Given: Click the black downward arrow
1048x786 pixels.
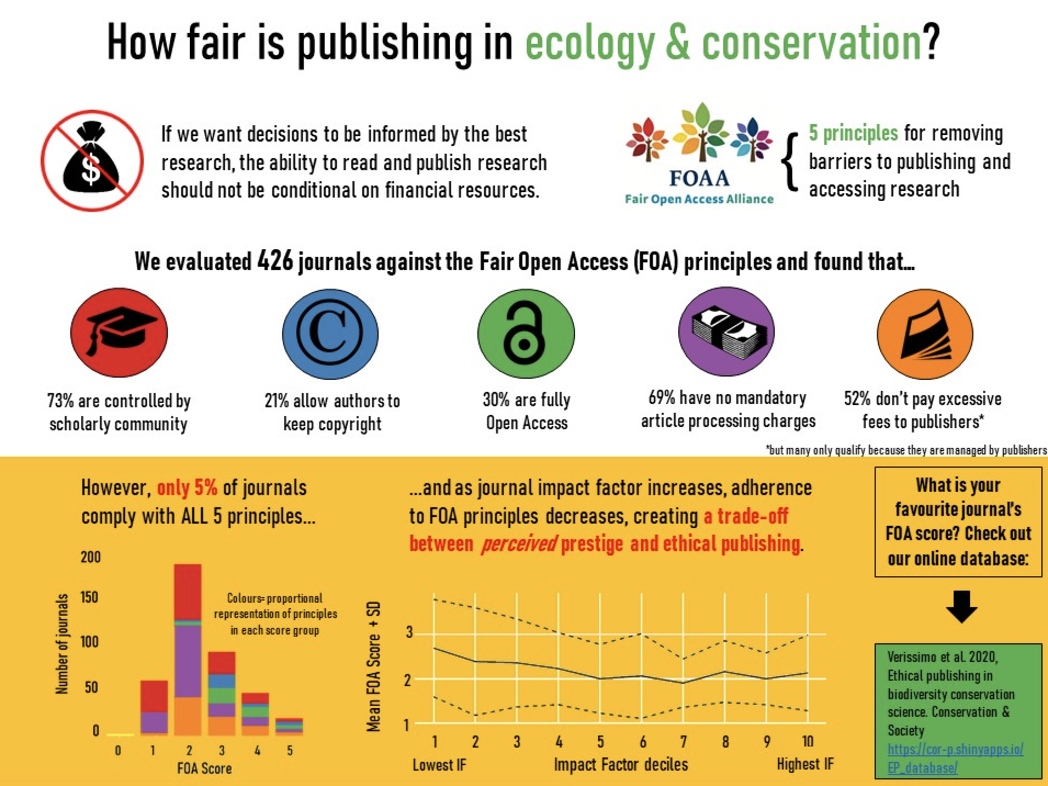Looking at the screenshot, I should (x=962, y=606).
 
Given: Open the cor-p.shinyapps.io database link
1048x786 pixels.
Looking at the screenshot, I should (x=955, y=758).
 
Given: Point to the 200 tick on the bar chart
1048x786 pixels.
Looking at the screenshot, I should (x=91, y=557).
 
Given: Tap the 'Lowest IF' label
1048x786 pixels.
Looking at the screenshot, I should (x=440, y=765).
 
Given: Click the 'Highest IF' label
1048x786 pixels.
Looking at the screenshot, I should (x=805, y=764).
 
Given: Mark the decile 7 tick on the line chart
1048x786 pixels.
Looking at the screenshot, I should (x=683, y=742).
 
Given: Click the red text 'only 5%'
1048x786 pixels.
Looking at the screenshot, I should (x=187, y=488).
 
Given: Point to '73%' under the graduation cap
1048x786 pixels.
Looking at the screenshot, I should (x=60, y=401).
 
